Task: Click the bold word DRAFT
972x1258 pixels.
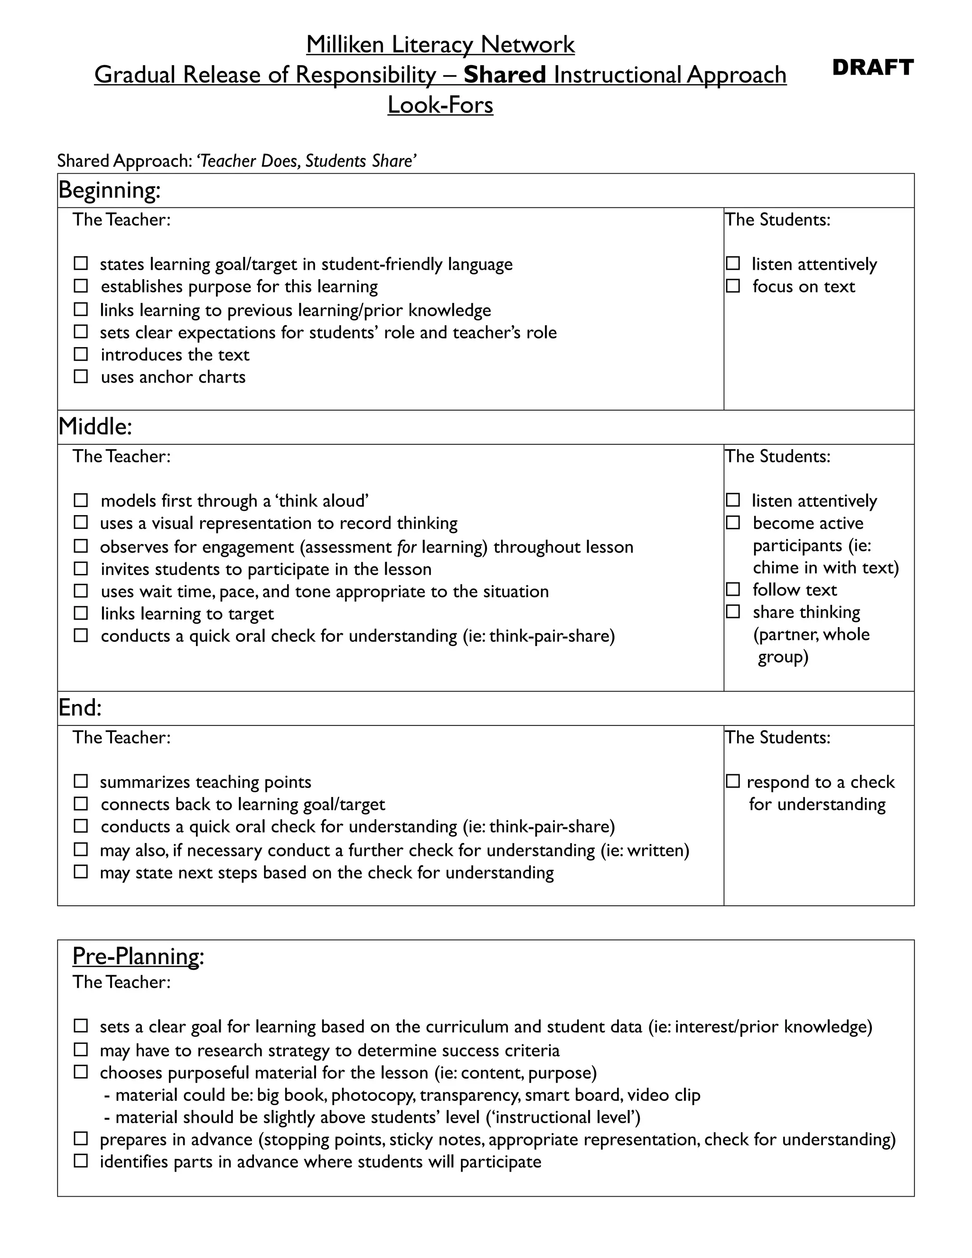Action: click(872, 67)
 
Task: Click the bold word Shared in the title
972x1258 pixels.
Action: click(505, 75)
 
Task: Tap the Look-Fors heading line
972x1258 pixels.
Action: click(440, 105)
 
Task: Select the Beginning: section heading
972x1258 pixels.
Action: click(110, 190)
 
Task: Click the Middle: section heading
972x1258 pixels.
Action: click(95, 427)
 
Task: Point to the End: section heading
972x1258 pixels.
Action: click(80, 708)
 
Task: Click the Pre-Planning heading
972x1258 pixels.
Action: click(137, 956)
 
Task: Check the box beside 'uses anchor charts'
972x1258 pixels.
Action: click(81, 377)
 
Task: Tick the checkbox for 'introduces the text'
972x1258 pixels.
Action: click(81, 354)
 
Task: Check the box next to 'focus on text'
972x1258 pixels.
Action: click(732, 286)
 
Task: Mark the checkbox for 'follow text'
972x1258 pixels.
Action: click(732, 590)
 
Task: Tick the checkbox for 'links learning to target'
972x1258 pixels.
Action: click(81, 613)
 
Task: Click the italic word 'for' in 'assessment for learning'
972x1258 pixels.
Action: click(407, 546)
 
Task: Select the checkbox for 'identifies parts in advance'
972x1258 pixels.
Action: click(81, 1161)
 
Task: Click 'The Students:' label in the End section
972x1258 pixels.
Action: click(777, 737)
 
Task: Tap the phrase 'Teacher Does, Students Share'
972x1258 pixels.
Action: click(306, 161)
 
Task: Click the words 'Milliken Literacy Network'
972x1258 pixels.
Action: click(440, 44)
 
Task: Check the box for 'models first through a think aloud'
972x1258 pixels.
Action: click(81, 500)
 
